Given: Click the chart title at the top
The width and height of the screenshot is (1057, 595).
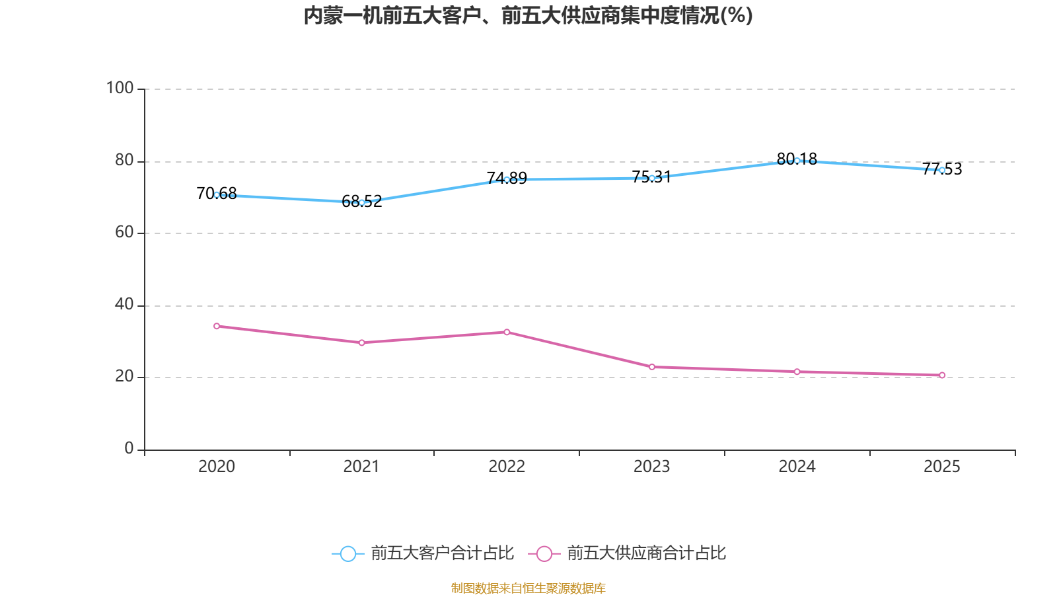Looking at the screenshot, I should click(x=528, y=16).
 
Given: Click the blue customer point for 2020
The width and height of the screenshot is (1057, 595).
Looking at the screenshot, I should click(x=217, y=195).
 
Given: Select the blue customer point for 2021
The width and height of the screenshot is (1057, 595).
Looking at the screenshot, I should click(x=361, y=202).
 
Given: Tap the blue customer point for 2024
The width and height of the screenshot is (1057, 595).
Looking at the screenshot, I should click(x=797, y=161).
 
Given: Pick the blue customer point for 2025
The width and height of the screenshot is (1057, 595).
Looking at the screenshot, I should click(x=942, y=170).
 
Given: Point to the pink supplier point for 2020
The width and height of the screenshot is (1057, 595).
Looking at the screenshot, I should click(x=217, y=326).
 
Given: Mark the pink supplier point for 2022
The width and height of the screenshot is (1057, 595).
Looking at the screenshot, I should click(x=507, y=332).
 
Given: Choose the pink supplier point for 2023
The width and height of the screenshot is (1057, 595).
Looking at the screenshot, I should click(x=652, y=367).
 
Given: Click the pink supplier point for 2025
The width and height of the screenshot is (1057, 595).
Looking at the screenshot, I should click(x=942, y=376).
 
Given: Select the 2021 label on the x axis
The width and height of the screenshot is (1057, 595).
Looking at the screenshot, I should click(x=361, y=467).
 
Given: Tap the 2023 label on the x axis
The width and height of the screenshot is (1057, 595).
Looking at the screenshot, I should click(x=652, y=467).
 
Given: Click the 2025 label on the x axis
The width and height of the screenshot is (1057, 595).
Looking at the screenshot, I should click(x=942, y=467).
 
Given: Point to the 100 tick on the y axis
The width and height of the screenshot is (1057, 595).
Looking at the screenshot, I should click(x=120, y=88).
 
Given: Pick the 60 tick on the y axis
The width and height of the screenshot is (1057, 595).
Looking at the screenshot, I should click(x=124, y=232).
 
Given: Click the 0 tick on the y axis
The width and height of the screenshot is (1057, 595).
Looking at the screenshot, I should click(x=129, y=449).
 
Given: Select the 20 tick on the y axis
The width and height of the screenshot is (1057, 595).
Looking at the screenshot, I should click(x=124, y=377).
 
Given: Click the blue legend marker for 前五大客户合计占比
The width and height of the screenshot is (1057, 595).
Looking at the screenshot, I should click(x=347, y=553).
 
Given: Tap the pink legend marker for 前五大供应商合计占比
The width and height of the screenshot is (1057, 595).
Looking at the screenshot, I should click(x=544, y=553).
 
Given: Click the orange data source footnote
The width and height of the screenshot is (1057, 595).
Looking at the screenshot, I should click(x=528, y=588).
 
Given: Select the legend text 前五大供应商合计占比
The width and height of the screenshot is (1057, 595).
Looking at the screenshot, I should click(x=646, y=553).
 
